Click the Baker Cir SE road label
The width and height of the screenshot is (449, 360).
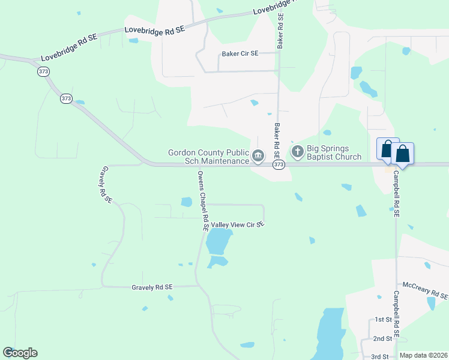(240, 53)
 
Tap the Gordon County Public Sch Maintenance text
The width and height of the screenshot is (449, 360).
(209, 157)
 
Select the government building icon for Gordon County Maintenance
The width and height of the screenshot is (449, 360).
(258, 157)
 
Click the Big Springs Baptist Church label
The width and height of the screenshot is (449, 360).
(334, 153)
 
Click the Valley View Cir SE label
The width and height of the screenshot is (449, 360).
(237, 224)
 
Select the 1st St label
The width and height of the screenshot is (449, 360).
(382, 320)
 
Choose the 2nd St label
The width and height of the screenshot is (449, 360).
(382, 338)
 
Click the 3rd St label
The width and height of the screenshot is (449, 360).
(379, 356)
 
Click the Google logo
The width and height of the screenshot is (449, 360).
(20, 353)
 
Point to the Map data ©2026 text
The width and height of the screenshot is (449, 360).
(424, 355)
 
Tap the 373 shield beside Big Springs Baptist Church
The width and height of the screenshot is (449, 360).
(278, 164)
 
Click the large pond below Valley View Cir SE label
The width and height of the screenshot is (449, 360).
(218, 242)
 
